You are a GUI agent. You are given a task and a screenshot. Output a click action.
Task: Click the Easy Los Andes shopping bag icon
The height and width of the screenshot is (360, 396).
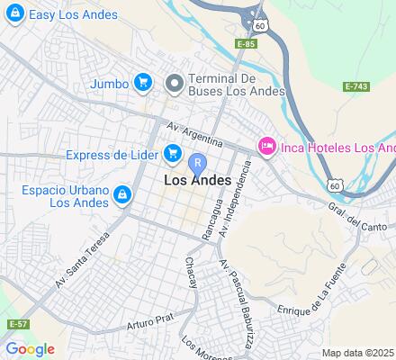(x=13, y=14)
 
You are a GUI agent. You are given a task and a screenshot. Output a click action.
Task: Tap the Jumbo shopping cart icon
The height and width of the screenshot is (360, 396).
(x=142, y=83)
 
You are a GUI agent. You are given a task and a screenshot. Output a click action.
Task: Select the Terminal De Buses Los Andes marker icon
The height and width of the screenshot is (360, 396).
(x=175, y=83)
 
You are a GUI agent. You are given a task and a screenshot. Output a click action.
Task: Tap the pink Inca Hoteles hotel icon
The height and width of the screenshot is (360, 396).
(x=266, y=146)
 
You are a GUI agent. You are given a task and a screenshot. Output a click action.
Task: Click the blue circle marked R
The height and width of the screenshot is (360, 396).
(x=198, y=163)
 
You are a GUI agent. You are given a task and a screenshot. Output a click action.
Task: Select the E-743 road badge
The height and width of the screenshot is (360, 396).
(x=357, y=86)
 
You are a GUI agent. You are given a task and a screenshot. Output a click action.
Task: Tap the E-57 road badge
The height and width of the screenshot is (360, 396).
(x=16, y=323)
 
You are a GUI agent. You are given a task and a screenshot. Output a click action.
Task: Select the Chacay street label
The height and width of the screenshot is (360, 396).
(x=191, y=269)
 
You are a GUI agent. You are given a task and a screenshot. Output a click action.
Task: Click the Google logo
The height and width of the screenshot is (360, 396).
(x=30, y=349)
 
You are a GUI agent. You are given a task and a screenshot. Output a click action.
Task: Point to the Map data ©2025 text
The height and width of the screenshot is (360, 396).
(x=358, y=353)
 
